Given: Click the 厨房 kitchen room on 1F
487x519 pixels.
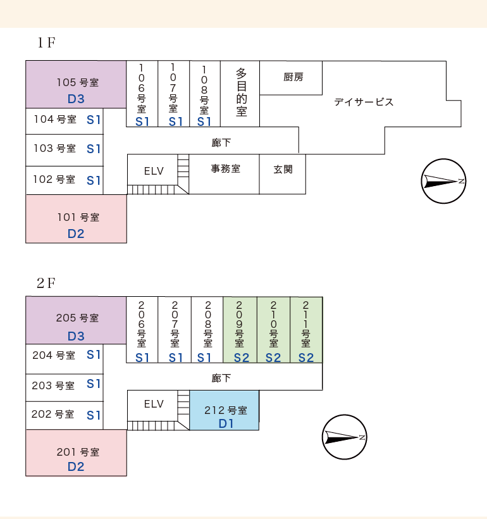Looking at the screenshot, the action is click(291, 78).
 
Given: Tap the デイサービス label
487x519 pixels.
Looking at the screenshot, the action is click(364, 102).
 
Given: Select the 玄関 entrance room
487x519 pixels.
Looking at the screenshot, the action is click(283, 174).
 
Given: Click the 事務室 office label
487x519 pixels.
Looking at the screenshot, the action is click(226, 169).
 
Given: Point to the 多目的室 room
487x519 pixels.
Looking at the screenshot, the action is click(240, 94).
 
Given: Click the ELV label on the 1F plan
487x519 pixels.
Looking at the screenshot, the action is click(154, 171).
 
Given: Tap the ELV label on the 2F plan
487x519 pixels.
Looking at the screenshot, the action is click(154, 404).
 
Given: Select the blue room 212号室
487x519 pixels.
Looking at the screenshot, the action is click(225, 410).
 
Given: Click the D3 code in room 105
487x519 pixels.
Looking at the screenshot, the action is click(76, 99).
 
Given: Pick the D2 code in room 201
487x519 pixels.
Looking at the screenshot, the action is click(76, 466).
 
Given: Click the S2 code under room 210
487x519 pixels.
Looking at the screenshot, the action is click(273, 358).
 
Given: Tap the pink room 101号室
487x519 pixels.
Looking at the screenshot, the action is click(76, 219).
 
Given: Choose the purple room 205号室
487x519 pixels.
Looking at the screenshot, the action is click(76, 320).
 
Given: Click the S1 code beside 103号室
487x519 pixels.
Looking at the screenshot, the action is click(94, 149).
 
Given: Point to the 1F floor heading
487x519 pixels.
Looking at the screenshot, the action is click(46, 42).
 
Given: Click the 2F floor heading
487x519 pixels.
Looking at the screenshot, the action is click(46, 284).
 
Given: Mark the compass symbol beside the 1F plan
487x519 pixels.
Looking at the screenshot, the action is click(443, 181).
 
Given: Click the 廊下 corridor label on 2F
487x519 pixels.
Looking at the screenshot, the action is click(221, 378).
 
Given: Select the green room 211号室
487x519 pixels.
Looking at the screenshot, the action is click(306, 330).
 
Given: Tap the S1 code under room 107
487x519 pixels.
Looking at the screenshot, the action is click(176, 122).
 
